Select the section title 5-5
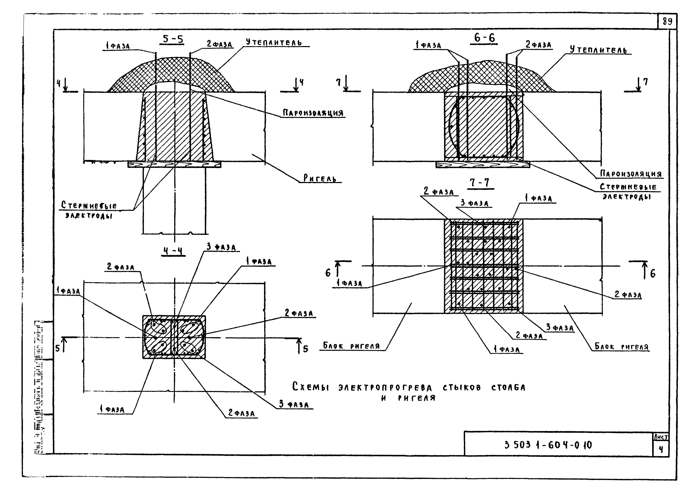pos(173,39)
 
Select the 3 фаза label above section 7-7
pos(474,203)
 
